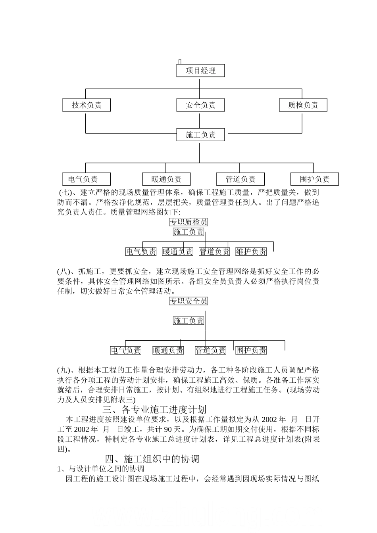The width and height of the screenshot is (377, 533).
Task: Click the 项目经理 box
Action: click(x=200, y=71)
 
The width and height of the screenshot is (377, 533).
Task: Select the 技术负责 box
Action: click(x=87, y=105)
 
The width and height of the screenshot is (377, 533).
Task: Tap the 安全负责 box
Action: click(x=200, y=105)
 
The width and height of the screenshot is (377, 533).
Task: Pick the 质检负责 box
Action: click(x=303, y=105)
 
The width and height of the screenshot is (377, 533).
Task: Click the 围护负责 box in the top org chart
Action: click(x=315, y=179)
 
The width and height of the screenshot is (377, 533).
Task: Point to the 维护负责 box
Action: click(x=251, y=251)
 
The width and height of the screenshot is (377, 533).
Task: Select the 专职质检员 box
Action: click(x=188, y=222)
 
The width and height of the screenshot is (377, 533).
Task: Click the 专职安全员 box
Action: click(x=188, y=301)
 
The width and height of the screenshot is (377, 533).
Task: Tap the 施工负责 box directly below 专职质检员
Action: click(x=188, y=232)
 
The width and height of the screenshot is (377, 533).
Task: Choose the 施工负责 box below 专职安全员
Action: click(x=188, y=320)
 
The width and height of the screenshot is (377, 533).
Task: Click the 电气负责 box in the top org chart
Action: click(x=83, y=179)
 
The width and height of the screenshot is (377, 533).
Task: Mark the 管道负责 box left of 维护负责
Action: click(x=214, y=251)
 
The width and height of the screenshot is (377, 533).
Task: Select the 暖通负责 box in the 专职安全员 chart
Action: click(x=168, y=350)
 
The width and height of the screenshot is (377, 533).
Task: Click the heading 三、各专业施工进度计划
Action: click(x=154, y=409)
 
